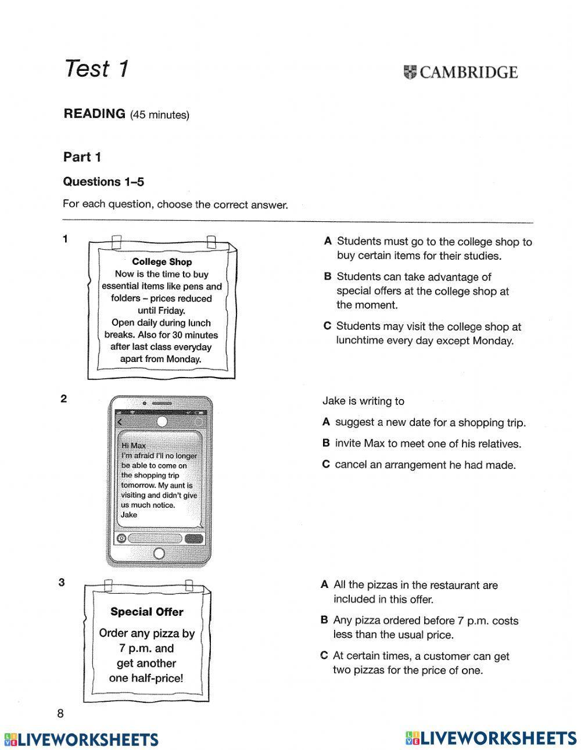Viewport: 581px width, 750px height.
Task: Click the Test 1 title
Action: pos(96,69)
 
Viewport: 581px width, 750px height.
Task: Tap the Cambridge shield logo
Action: pos(410,72)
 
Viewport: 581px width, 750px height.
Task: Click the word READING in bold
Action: pos(94,114)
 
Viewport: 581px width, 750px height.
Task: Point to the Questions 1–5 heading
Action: pos(103,182)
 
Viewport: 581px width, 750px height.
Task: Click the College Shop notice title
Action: pos(162,262)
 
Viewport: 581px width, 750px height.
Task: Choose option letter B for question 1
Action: pos(328,277)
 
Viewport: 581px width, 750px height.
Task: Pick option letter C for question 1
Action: pos(327,326)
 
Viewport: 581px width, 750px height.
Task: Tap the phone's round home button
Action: pos(159,553)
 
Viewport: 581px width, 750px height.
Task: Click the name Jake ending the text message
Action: pos(129,515)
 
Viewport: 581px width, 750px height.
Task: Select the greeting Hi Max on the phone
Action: pos(134,446)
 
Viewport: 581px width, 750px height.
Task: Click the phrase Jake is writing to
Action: pos(363,401)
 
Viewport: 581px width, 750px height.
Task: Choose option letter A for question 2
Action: pos(326,422)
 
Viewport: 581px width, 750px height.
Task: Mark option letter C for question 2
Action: pos(326,465)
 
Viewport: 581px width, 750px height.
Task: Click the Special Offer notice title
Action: pos(146,612)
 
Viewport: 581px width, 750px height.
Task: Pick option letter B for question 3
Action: pos(324,620)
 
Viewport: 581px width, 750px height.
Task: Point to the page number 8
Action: pos(60,714)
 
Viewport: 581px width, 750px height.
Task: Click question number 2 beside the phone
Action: pos(64,399)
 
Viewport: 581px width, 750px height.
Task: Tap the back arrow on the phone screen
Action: pos(120,422)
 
